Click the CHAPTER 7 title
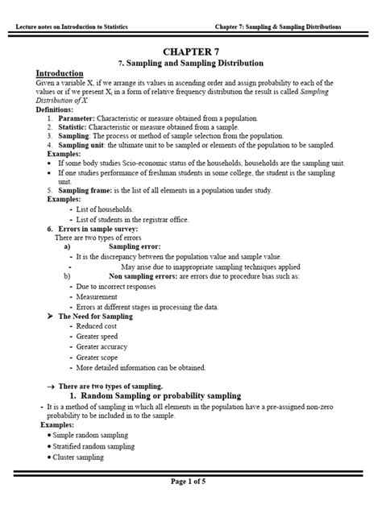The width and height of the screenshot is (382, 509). [191, 51]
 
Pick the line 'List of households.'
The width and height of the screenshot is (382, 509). [105, 209]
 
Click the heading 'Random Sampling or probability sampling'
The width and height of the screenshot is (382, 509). [160, 395]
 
